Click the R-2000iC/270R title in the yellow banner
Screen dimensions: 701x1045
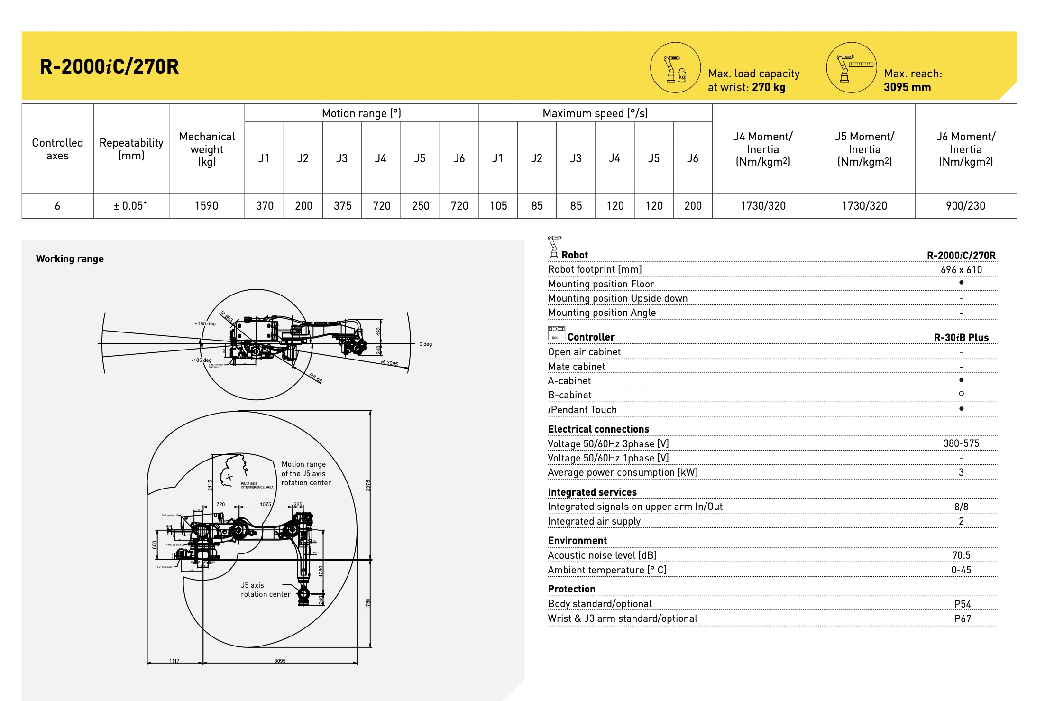click(x=109, y=66)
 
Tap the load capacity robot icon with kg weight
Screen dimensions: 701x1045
click(x=675, y=68)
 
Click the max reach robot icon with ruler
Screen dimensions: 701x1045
click(x=852, y=68)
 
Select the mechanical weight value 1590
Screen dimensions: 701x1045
click(x=206, y=206)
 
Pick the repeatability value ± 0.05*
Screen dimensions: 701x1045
click(x=130, y=206)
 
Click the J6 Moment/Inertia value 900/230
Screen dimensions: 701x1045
click(x=965, y=206)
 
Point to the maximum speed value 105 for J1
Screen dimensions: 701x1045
click(x=498, y=206)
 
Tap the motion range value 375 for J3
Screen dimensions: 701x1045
click(x=342, y=206)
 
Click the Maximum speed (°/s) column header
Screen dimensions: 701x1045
click(x=595, y=113)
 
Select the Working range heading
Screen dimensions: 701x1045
click(x=70, y=259)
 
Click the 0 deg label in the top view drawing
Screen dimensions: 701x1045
click(x=425, y=344)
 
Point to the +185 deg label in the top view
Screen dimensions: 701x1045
click(x=205, y=324)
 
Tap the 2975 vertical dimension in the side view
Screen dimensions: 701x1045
click(x=368, y=486)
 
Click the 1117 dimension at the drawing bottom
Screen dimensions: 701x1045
click(x=174, y=661)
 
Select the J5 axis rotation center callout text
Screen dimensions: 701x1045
click(x=265, y=590)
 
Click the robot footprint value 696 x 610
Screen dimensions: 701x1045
click(x=961, y=270)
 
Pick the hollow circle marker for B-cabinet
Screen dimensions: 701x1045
click(x=961, y=394)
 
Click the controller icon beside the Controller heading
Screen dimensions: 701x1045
click(x=556, y=333)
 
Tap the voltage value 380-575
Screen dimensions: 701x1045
click(x=961, y=443)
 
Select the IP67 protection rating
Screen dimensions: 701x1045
click(x=961, y=619)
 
